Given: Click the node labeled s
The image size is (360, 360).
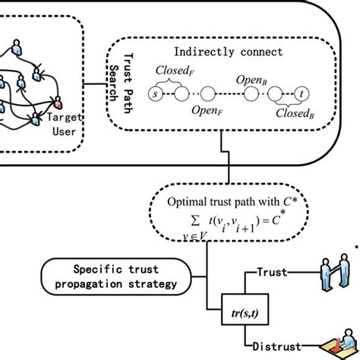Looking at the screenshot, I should [157, 96].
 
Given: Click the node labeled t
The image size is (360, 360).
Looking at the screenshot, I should [303, 96].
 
